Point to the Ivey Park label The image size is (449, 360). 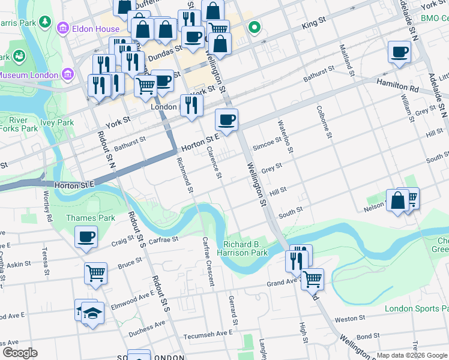[56, 122]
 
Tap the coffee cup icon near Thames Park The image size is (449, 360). [86, 236]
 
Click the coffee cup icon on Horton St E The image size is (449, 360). [226, 120]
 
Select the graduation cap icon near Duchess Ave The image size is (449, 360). [92, 313]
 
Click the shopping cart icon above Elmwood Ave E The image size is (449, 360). [95, 274]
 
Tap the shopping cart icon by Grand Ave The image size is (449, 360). [312, 279]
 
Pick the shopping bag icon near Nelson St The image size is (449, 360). [397, 201]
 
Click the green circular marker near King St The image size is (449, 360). [255, 27]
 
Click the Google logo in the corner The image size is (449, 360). [19, 352]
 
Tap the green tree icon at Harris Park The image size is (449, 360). [45, 22]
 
